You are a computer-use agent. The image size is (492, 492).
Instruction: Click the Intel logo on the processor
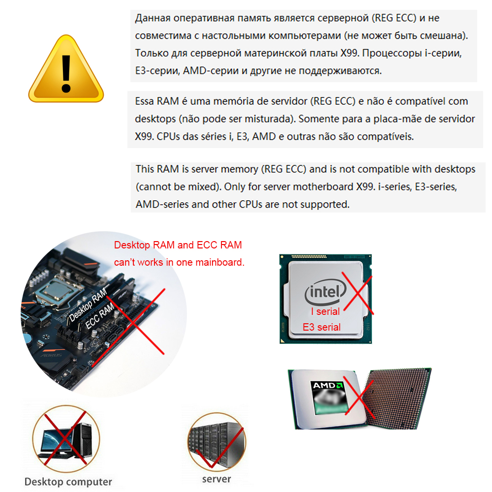coord(325,292)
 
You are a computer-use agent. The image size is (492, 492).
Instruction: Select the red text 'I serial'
coord(325,311)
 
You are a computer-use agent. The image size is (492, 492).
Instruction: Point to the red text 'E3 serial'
coord(321,327)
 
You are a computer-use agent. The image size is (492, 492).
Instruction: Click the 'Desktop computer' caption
coord(68,482)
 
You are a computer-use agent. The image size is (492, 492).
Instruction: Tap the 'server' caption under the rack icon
coord(216,479)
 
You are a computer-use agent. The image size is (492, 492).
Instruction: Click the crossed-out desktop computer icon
coord(66,439)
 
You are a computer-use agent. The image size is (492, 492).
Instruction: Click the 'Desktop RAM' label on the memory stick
coord(88,306)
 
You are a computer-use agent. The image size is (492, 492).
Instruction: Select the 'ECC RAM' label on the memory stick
coord(100,316)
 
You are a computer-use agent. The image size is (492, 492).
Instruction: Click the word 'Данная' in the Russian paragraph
coord(153,18)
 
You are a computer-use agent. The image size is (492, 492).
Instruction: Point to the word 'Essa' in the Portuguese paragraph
coord(144,101)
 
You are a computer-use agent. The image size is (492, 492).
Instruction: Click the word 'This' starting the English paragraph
coord(145,169)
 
